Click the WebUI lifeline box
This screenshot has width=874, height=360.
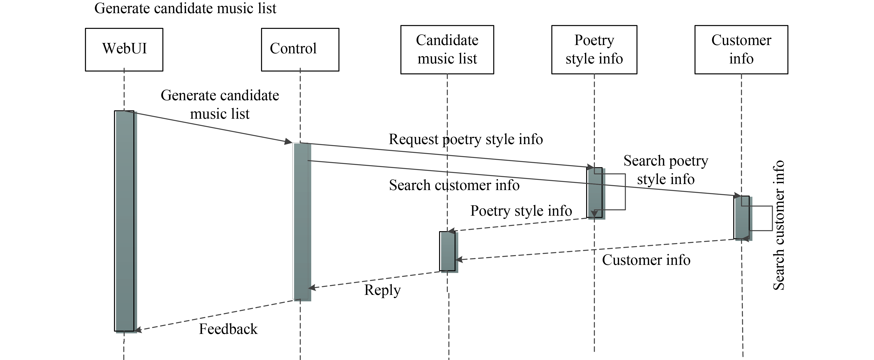tap(124, 49)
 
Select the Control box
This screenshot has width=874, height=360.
tap(300, 49)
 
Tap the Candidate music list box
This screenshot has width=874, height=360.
tap(447, 49)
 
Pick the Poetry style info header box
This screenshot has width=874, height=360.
tap(594, 49)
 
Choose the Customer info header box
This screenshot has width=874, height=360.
tap(741, 49)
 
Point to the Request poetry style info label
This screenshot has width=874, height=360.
tap(465, 139)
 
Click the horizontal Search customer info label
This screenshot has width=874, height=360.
tap(454, 185)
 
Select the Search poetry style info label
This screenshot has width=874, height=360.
tap(665, 170)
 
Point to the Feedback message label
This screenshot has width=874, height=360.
tap(228, 329)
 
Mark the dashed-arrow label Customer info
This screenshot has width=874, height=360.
tap(646, 260)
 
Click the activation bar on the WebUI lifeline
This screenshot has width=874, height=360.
tap(125, 220)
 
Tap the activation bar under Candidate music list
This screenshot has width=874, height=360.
tap(447, 251)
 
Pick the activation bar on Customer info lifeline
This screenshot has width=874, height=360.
tap(742, 217)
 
